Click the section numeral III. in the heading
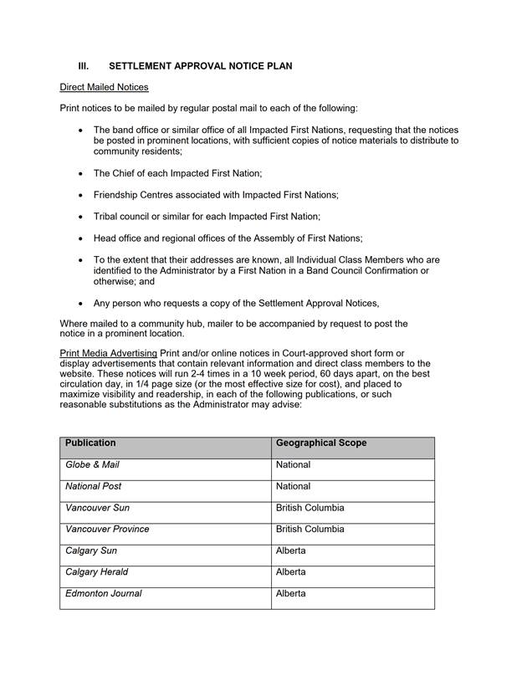click(84, 65)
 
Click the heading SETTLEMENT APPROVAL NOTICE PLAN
click(201, 65)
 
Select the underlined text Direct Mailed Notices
click(105, 87)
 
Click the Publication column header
click(90, 443)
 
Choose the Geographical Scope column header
click(321, 443)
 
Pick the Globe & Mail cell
click(93, 465)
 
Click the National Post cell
click(95, 487)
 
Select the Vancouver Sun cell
click(97, 509)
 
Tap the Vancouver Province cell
click(107, 530)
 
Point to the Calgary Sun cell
click(91, 551)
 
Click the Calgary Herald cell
click(96, 573)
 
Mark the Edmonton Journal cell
click(103, 594)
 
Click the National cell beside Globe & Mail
click(293, 465)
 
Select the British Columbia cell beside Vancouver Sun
click(310, 509)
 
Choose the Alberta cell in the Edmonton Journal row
click(290, 594)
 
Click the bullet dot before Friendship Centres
click(79, 195)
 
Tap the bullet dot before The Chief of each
click(79, 173)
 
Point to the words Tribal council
click(121, 217)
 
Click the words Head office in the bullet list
click(118, 238)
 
